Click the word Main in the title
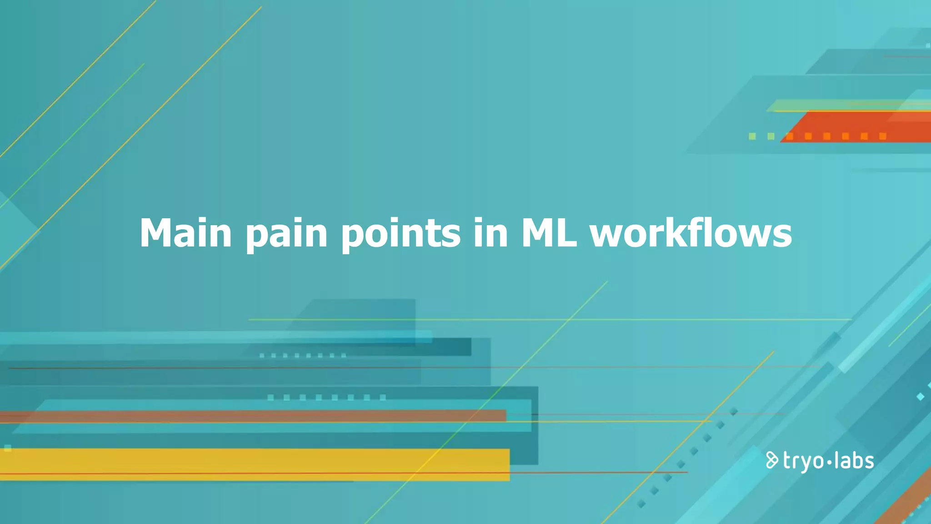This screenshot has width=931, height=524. pos(185,233)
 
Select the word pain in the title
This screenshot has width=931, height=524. pos(286,234)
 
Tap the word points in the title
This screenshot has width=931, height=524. pos(401,234)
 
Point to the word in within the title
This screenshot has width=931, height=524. pos(491,233)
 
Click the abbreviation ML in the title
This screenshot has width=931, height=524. pos(549,233)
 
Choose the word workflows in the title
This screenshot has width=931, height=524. pos(691,233)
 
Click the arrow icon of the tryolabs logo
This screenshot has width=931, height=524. pos(771,460)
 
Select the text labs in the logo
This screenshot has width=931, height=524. pos(854,461)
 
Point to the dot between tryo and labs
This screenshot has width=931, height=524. pos(829,462)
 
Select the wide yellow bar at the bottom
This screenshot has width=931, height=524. pos(255,464)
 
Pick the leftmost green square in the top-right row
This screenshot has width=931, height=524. pos(752,136)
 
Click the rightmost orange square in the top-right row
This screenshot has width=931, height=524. pos(883,136)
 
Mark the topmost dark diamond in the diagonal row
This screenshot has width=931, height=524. pos(734,412)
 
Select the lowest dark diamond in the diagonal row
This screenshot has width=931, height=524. pos(641,504)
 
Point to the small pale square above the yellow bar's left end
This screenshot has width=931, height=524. pos(8,448)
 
